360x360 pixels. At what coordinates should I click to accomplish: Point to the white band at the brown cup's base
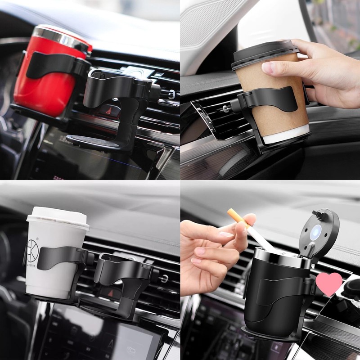pos(288,135)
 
